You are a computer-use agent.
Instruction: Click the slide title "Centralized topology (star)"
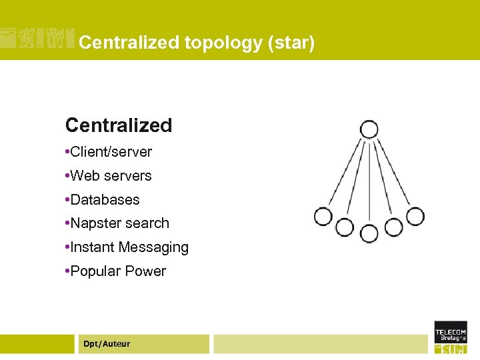tap(196, 43)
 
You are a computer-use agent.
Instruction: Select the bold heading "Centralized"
tap(119, 125)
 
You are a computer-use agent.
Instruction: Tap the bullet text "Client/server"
tap(111, 152)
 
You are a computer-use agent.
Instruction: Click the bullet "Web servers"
tap(111, 176)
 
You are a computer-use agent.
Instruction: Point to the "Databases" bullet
tap(105, 200)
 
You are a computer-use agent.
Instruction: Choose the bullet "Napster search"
tap(119, 223)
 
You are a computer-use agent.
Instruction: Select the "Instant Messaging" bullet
tap(129, 247)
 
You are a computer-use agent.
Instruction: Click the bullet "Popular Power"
tap(118, 271)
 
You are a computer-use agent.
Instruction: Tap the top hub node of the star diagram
tap(369, 129)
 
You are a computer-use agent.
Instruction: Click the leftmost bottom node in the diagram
tap(323, 216)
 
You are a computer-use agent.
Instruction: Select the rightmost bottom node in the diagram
tap(415, 216)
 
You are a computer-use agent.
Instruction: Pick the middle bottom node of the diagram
tap(369, 233)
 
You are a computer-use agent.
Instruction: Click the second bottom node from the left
tap(344, 227)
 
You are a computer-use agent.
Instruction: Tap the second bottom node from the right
tap(393, 227)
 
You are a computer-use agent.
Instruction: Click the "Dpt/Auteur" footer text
tap(107, 344)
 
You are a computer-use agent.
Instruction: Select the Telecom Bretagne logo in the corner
tap(451, 337)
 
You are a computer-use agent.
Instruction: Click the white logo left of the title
tap(37, 39)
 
